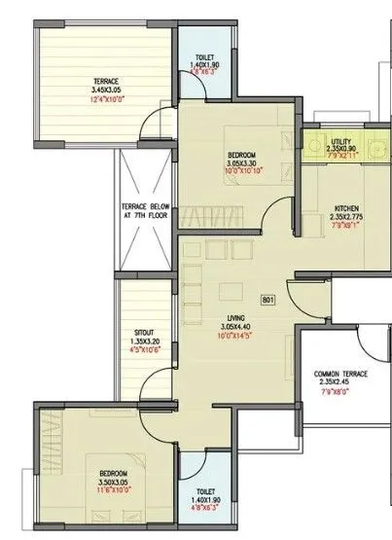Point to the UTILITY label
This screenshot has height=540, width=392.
pos(341,143)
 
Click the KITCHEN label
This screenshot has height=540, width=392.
pos(347,208)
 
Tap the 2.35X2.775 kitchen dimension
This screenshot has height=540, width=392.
pos(347,217)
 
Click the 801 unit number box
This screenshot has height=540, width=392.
pos(268,300)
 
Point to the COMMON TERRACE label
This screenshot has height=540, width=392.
pos(340,376)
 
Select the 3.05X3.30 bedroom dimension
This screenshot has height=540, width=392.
pos(240,163)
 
